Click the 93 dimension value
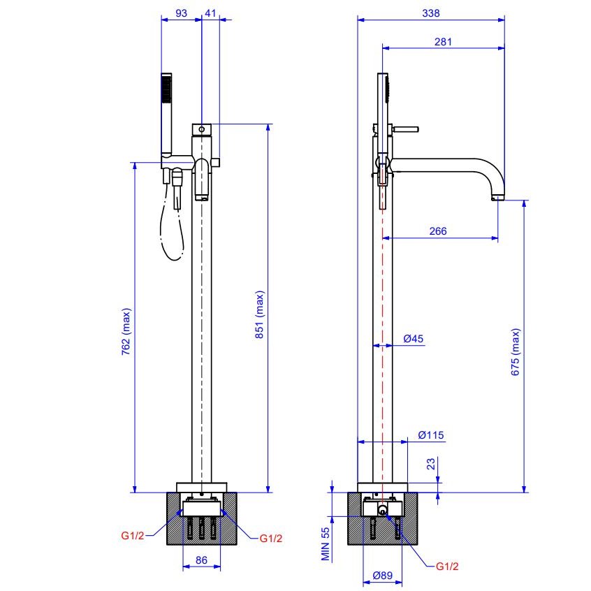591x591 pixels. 182,13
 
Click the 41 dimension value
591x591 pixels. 210,13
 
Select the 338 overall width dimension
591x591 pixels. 431,13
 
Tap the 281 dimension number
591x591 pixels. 443,42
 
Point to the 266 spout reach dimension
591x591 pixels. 438,231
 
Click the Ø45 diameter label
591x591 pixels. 414,339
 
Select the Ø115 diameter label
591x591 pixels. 431,435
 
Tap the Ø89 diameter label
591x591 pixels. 383,576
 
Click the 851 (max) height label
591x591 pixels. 260,314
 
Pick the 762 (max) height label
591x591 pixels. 126,332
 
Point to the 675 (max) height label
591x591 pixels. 516,352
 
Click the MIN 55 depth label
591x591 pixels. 326,543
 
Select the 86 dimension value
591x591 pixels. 201,560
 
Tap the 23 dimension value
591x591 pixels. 431,464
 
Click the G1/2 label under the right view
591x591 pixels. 447,567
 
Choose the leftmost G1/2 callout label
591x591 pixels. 132,536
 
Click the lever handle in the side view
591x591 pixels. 406,129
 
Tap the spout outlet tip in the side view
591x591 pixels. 497,198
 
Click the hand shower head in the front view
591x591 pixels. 166,88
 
